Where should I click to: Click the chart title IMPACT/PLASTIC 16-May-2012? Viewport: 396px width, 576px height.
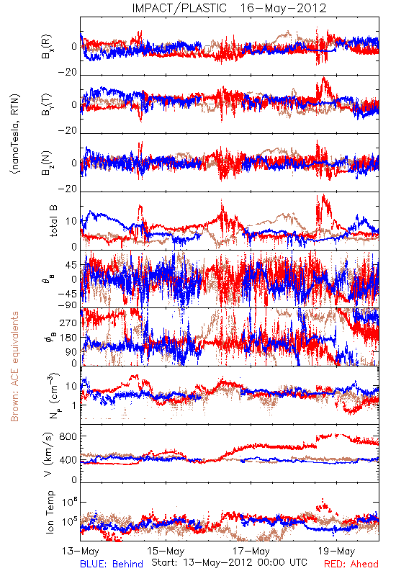point(229,8)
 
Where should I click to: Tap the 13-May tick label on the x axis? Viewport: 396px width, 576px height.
point(81,552)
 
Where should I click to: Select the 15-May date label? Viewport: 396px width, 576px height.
point(166,552)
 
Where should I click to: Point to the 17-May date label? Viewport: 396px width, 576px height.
point(251,552)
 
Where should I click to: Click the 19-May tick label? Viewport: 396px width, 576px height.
point(336,552)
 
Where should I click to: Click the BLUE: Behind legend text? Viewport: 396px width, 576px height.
point(112,564)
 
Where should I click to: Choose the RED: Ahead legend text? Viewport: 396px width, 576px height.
point(351,564)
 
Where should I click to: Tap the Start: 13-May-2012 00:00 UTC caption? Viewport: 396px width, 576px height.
point(229,562)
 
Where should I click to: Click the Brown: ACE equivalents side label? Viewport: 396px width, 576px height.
point(14,366)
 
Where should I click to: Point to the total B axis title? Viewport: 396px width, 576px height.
point(53,221)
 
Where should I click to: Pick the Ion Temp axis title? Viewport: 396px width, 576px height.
point(50,512)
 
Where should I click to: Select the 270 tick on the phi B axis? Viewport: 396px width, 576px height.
point(68,323)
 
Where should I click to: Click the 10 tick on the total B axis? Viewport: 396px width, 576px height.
point(71,222)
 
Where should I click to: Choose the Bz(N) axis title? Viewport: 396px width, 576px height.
point(47,163)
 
